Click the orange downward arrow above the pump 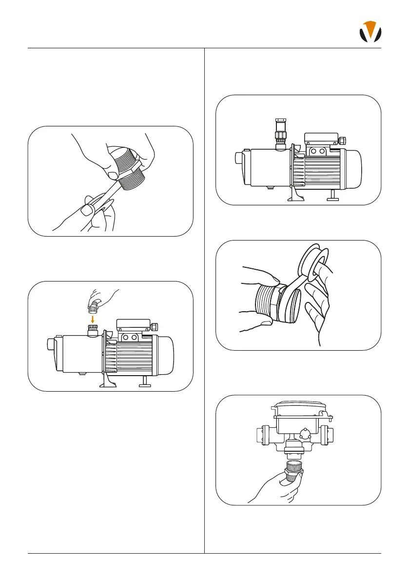(93, 319)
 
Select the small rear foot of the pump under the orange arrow (145, 384)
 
